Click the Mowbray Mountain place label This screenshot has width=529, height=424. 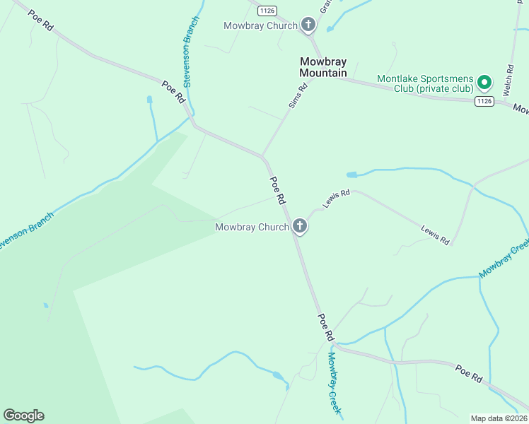[x=323, y=67]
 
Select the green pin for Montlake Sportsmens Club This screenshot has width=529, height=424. [x=484, y=83]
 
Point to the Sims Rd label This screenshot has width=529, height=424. [x=298, y=96]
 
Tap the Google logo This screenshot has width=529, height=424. [x=23, y=416]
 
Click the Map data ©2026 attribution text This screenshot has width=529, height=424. [x=499, y=418]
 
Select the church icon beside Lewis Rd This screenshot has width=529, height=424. [x=300, y=227]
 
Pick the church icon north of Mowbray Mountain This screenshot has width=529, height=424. [x=308, y=25]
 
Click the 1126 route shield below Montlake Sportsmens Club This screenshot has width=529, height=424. [x=484, y=102]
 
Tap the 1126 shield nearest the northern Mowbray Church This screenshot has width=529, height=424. [x=267, y=10]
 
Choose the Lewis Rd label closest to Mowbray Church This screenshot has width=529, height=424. [x=337, y=198]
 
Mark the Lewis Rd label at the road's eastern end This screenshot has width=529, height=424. [x=435, y=235]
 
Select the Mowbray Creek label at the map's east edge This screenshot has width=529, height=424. [x=504, y=258]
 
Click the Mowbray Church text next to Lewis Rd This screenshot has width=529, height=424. [x=252, y=227]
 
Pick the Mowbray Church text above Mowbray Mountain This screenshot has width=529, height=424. [x=260, y=25]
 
